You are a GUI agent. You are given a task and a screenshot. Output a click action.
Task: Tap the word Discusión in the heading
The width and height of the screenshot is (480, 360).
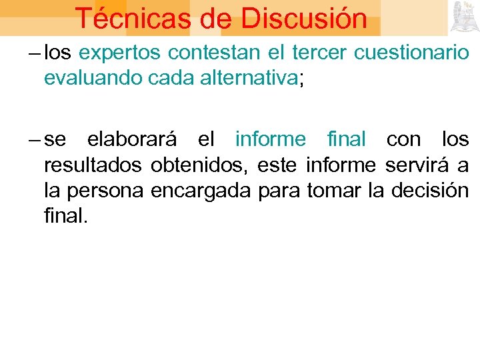pos(304,19)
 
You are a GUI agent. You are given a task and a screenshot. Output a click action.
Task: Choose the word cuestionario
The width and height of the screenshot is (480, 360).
pos(411,54)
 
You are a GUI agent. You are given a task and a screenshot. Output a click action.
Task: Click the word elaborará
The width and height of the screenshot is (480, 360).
pos(131,139)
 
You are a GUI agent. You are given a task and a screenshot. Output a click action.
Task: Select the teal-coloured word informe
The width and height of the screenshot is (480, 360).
pos(270,139)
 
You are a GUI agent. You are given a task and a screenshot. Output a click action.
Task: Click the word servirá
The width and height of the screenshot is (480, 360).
pos(414,165)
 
